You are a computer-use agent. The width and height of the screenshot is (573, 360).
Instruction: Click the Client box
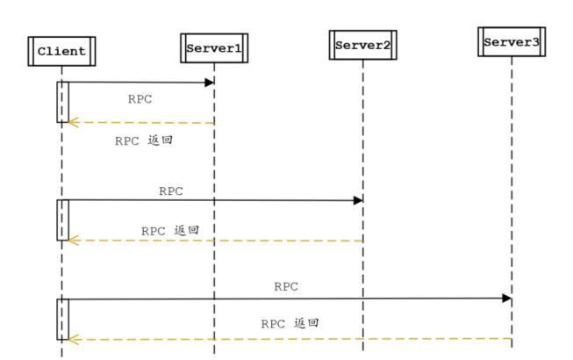click(x=61, y=51)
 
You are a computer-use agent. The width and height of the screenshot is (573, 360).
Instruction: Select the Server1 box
click(x=213, y=47)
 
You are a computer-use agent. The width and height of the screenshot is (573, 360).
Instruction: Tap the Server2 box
click(x=362, y=45)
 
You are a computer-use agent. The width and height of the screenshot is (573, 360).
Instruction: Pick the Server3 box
click(x=512, y=41)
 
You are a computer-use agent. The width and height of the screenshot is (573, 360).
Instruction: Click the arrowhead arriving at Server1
click(x=210, y=83)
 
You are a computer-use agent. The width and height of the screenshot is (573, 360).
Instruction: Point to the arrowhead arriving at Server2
click(x=358, y=200)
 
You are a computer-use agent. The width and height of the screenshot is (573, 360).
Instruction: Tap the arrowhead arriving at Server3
click(x=507, y=299)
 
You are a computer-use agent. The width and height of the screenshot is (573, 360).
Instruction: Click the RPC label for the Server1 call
click(x=140, y=99)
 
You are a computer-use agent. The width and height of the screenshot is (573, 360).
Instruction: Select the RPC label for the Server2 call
click(x=171, y=191)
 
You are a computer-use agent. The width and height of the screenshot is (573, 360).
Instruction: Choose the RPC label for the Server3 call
click(x=286, y=286)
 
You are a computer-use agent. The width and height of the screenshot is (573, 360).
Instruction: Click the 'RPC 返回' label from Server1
click(x=143, y=140)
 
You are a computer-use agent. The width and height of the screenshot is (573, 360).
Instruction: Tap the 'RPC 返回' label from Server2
click(x=170, y=231)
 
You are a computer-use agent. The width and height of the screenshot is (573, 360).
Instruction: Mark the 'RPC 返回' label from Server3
click(x=290, y=323)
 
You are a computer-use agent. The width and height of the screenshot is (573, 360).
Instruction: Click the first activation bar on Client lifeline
click(x=62, y=102)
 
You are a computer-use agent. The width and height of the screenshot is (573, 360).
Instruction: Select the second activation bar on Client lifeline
click(x=62, y=220)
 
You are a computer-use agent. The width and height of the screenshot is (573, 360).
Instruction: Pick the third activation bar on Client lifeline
click(x=62, y=319)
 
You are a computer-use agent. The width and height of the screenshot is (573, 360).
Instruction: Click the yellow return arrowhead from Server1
click(x=74, y=123)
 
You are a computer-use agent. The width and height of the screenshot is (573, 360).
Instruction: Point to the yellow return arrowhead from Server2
click(x=74, y=240)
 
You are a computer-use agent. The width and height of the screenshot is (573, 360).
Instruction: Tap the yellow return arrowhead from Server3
click(x=74, y=338)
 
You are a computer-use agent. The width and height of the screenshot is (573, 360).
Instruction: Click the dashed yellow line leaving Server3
click(x=395, y=338)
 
